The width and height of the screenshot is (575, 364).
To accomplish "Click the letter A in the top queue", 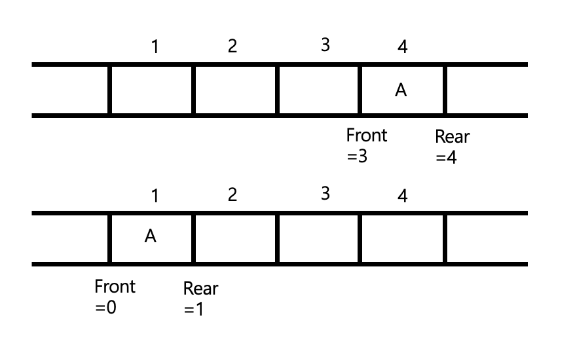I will (401, 91).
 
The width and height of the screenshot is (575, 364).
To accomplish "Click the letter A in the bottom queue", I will (151, 236).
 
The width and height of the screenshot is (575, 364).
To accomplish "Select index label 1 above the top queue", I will (154, 46).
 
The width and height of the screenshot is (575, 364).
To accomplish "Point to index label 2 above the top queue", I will (232, 46).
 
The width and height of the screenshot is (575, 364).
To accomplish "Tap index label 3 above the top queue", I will (325, 45).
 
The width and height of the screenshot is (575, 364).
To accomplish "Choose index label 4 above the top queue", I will (402, 47).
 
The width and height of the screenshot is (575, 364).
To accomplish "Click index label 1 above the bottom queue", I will (154, 195).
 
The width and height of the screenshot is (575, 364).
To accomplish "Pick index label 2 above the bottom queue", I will (232, 195).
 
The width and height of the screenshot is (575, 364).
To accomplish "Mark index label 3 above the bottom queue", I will (325, 194).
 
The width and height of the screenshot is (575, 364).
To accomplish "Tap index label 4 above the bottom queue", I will (402, 196).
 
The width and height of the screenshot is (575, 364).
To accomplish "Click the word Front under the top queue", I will (367, 136).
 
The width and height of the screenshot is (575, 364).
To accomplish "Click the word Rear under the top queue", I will (453, 137).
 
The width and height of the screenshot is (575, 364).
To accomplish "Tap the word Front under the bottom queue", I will (115, 286).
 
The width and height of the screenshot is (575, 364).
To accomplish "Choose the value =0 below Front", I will (105, 308).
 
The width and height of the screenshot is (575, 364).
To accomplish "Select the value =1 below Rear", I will (194, 309).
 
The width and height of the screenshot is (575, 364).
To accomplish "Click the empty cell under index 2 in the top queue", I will (235, 90).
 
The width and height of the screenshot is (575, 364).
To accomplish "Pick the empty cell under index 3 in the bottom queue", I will (319, 238).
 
